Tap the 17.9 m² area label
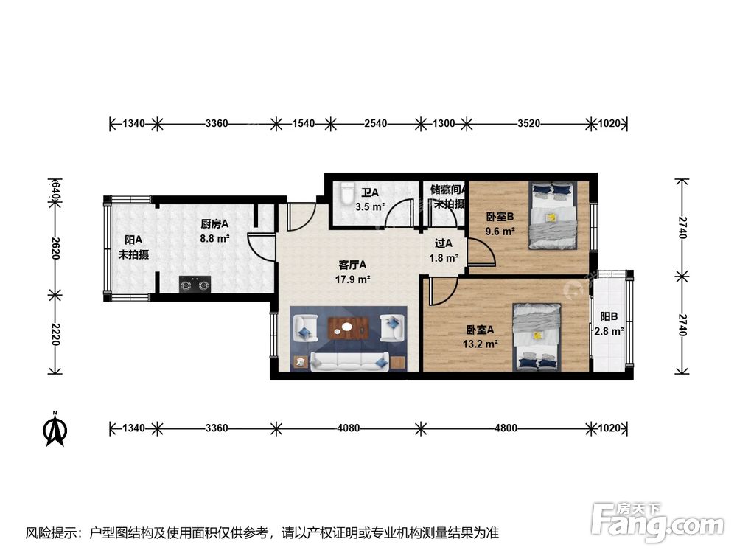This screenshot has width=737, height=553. pyautogui.click(x=354, y=279)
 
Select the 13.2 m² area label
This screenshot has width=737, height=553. pyautogui.click(x=481, y=344)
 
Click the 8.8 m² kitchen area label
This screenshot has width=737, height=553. pyautogui.click(x=214, y=238)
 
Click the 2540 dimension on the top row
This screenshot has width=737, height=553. pyautogui.click(x=375, y=123)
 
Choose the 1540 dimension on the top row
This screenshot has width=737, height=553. pyautogui.click(x=303, y=123)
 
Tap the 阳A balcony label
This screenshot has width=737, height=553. pyautogui.click(x=133, y=240)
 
